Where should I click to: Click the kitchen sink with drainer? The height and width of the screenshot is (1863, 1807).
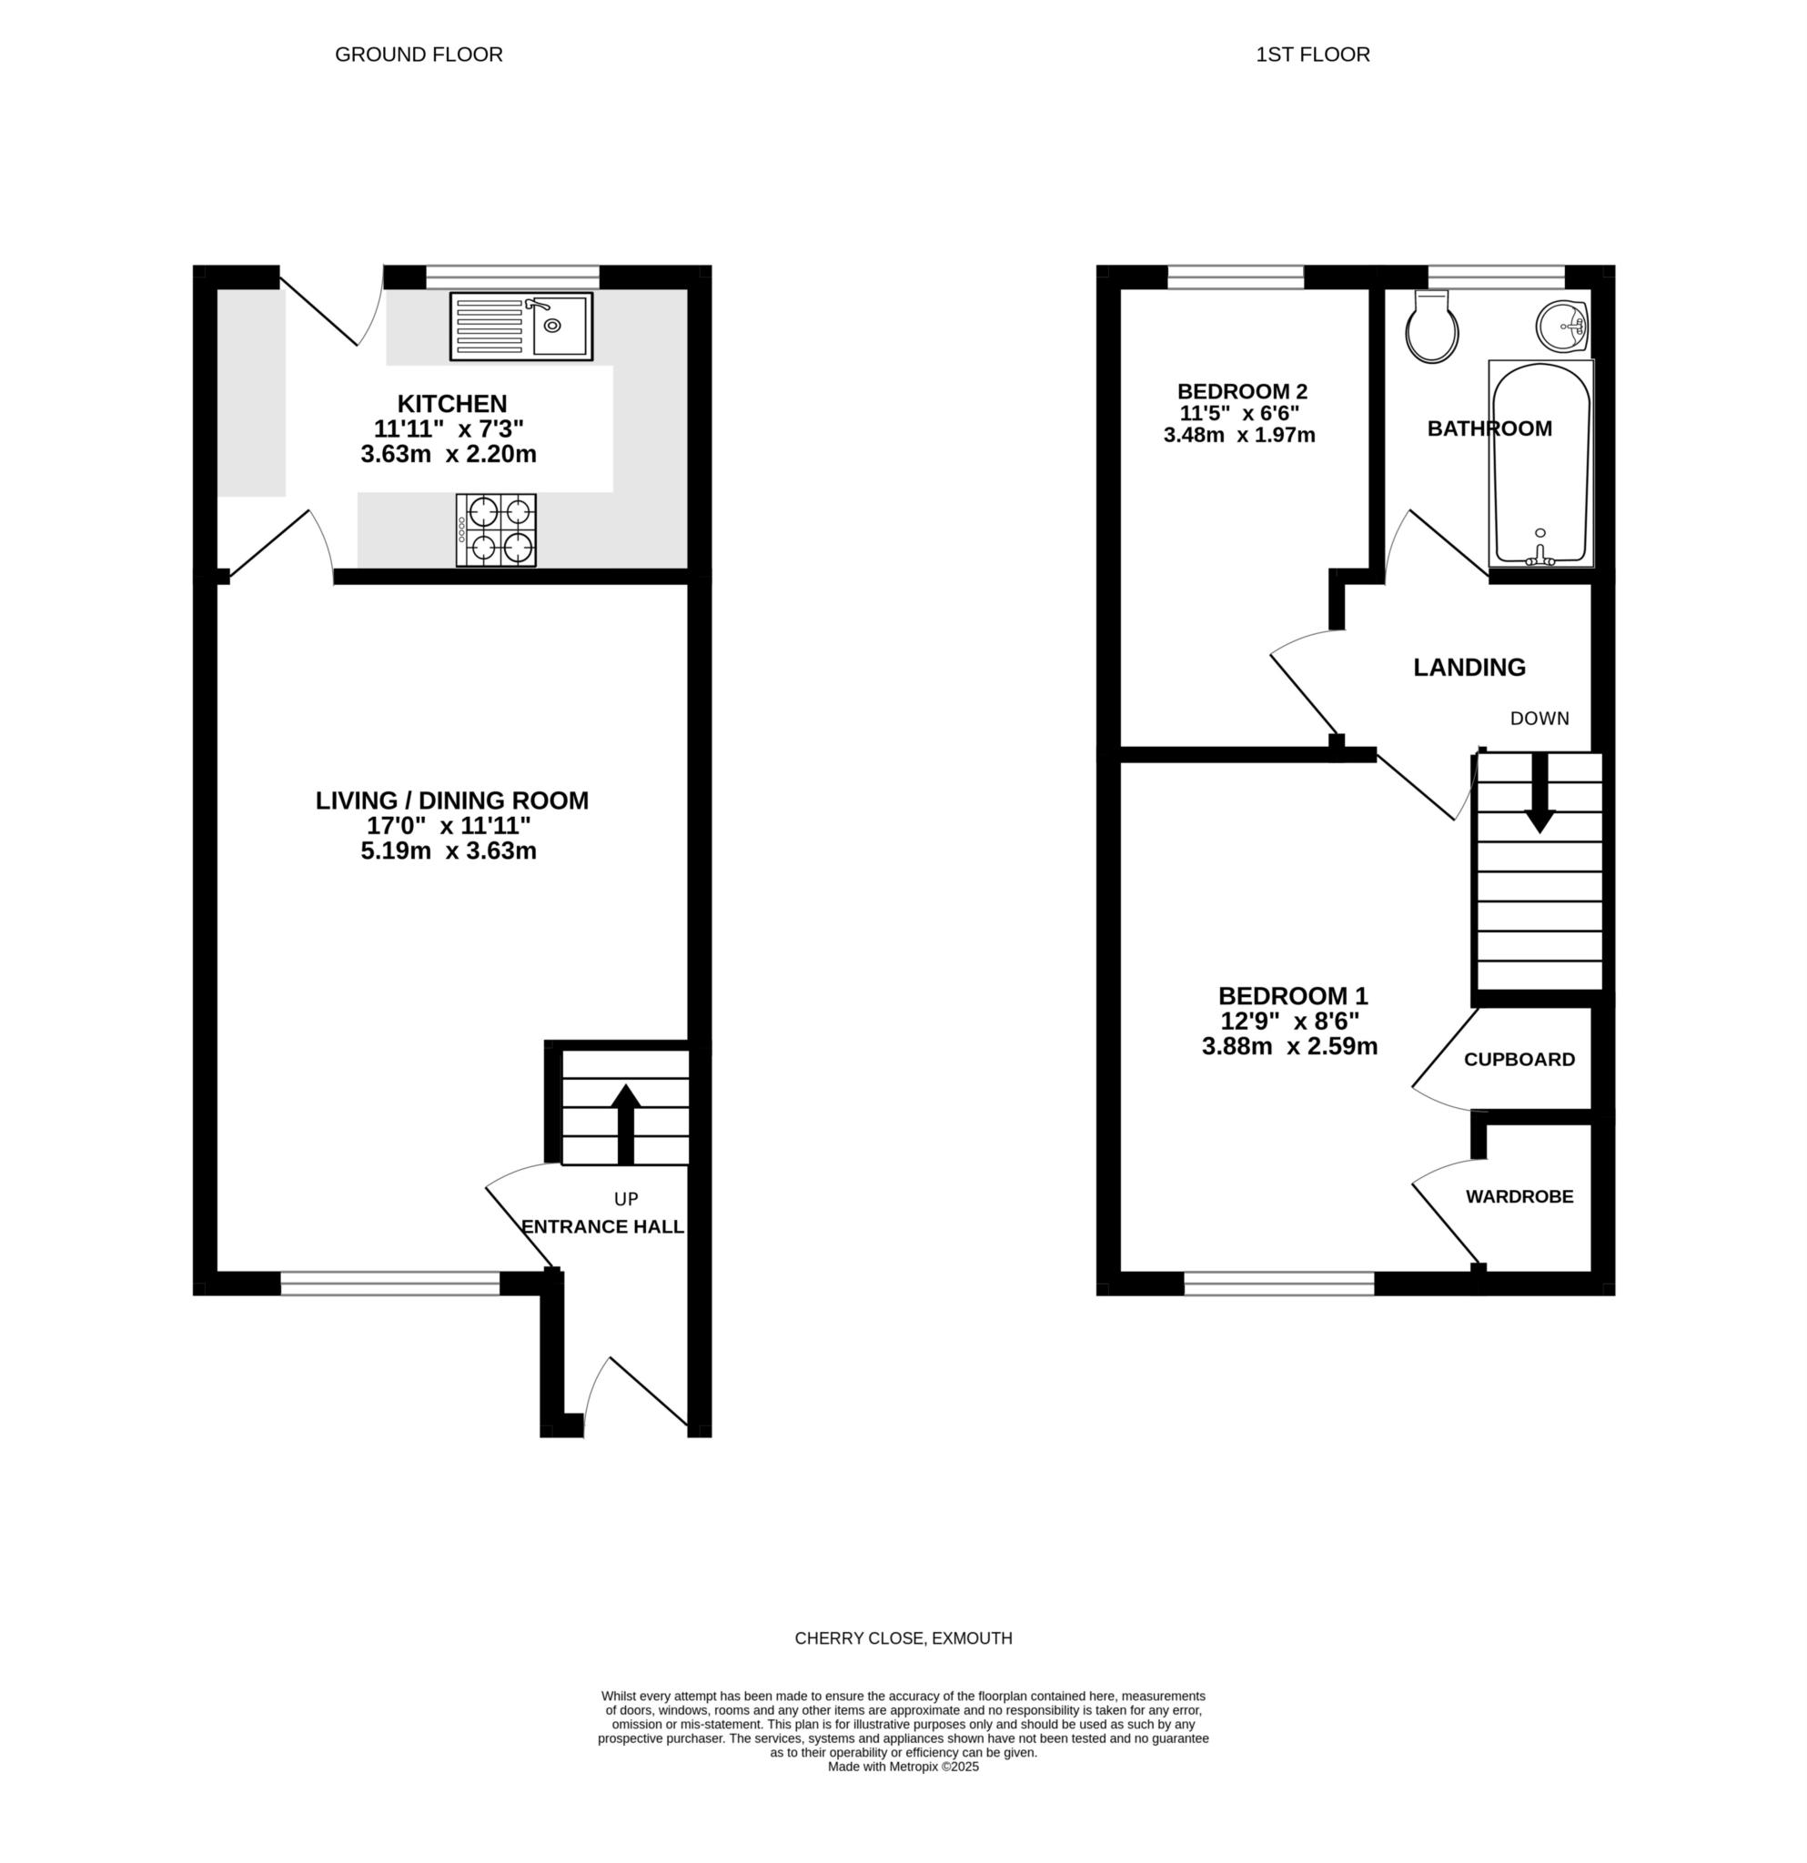click(521, 326)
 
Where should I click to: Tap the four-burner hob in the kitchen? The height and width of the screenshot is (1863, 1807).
click(495, 530)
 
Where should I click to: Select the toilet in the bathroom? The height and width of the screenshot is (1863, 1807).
click(1432, 327)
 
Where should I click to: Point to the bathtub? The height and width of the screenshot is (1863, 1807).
click(1540, 464)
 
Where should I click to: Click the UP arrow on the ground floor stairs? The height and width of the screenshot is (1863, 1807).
click(625, 1123)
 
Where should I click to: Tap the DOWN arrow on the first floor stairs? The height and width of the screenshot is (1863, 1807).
click(1539, 792)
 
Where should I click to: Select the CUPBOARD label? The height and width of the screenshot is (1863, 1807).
click(1519, 1059)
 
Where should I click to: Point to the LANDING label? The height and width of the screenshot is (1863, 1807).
click(1469, 668)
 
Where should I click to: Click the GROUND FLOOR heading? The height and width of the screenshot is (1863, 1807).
click(419, 55)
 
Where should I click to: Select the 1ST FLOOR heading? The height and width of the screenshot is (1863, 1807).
click(1313, 55)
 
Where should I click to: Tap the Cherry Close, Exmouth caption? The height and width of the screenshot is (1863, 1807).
click(903, 1638)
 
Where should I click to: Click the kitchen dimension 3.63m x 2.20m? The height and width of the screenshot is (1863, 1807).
click(449, 454)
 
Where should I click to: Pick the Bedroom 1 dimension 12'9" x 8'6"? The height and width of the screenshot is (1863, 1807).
click(1290, 1022)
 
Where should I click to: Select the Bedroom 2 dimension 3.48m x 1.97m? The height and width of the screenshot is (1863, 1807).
click(1239, 436)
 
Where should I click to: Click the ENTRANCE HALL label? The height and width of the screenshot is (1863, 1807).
click(602, 1227)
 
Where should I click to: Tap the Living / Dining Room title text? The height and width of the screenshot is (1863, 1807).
click(452, 801)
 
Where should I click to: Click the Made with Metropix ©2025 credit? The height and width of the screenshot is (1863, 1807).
click(903, 1794)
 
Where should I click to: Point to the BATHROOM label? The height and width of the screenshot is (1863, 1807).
click(1489, 428)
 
